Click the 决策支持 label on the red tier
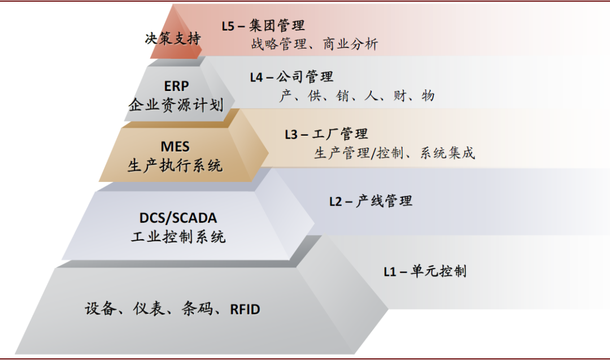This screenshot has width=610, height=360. pos(173,39)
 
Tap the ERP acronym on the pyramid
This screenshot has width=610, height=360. pos(177,86)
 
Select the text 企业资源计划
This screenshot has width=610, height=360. pos(176,105)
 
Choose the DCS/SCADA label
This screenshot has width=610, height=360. pos(178,218)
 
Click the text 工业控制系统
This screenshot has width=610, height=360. pos(178,236)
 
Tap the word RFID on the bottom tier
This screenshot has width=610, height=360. pos(245,309)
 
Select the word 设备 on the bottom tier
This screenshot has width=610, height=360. pos(100,309)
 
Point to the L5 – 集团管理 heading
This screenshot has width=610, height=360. pos(263,25)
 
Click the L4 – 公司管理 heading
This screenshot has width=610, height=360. pos(291,77)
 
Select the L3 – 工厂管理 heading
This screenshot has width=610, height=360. pos(326,134)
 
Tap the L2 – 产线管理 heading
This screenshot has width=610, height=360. pos(371,201)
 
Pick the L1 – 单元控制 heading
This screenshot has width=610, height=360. pos(425,271)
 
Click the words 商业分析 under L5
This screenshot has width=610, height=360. pos(350,44)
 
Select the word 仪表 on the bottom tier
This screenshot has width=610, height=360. pos(149,309)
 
